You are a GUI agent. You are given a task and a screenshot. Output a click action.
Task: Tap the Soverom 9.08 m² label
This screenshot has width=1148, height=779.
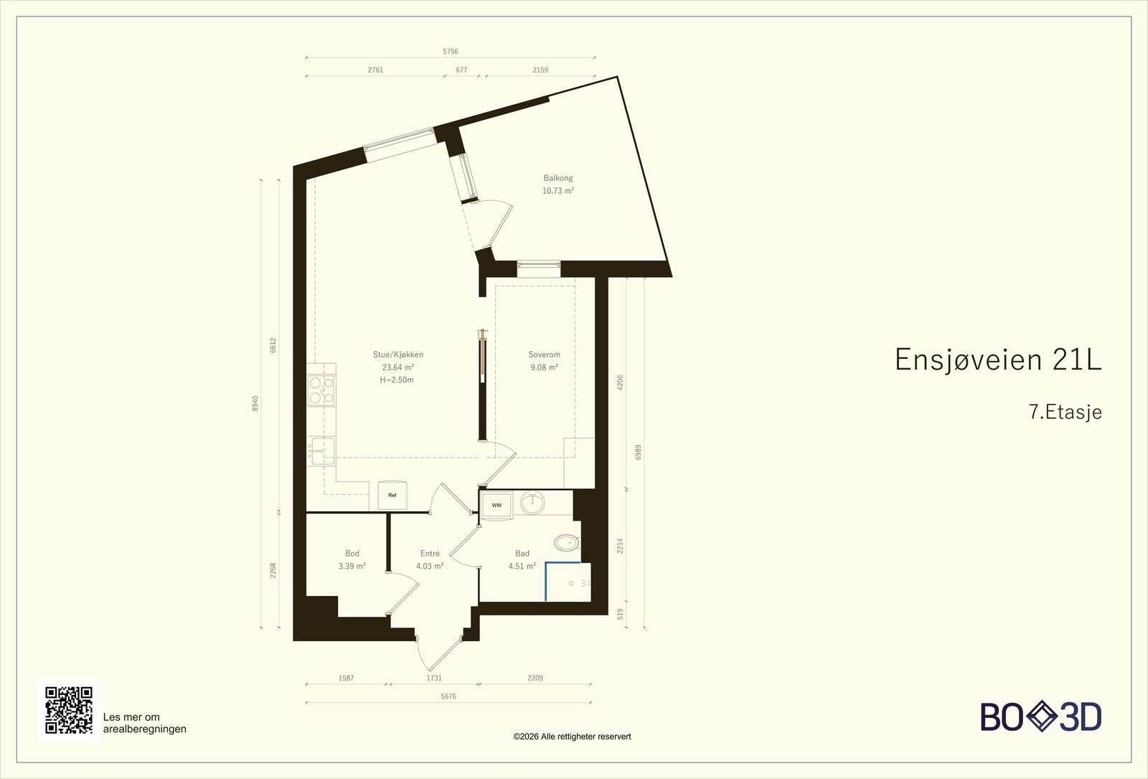545,360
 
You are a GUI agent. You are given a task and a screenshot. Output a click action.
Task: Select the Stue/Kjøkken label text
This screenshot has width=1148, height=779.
398,355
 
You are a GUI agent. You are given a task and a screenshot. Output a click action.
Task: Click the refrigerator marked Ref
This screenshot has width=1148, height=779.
392,495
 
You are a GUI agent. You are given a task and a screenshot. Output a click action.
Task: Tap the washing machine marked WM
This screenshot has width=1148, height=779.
497,505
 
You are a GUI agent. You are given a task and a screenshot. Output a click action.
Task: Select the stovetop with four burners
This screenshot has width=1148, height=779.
321,391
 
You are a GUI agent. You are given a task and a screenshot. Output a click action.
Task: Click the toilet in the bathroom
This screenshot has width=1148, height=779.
567,543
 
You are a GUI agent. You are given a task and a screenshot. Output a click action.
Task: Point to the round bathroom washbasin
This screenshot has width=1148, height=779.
532,503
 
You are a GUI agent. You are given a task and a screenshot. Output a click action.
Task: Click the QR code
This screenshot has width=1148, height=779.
69,710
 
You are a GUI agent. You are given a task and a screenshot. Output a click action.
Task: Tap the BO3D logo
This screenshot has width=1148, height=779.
1041,717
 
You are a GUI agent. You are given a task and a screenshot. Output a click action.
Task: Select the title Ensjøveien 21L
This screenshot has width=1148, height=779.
998,359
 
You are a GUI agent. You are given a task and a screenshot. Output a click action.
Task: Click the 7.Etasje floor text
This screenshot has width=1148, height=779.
1065,412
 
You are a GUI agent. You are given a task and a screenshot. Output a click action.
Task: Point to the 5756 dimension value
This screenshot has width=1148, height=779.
451,51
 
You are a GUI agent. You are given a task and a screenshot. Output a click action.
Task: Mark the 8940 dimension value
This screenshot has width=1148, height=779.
255,403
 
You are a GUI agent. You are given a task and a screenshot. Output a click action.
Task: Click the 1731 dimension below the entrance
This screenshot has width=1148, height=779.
433,678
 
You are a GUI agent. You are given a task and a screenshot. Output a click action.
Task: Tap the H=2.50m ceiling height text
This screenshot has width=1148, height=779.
397,380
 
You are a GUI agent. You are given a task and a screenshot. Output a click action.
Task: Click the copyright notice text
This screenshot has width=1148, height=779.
572,737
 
